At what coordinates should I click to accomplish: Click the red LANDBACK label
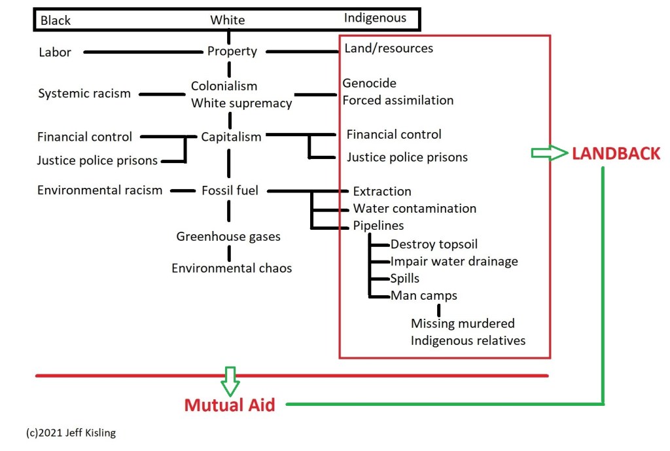coord(616,154)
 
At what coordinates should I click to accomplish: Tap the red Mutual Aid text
coord(230,405)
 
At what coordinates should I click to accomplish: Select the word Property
coord(232,51)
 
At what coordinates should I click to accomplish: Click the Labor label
coord(55,52)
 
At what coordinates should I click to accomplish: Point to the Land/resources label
coord(389,48)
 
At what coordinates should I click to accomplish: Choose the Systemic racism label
coord(84,94)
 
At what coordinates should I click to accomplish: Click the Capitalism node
coord(231,137)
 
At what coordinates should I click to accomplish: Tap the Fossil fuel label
coord(230,190)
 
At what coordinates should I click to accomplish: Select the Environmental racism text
coord(99,190)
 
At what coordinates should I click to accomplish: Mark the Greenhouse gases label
coord(228,236)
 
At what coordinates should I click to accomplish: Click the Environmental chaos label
coord(232,268)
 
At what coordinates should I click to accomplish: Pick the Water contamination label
coord(415,208)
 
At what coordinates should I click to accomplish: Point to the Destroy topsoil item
coord(434,244)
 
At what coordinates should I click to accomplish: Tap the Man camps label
coord(424,295)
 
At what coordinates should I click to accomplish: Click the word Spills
coord(405,278)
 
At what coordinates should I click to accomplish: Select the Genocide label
coord(370,83)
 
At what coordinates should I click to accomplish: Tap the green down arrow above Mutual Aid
coord(230,380)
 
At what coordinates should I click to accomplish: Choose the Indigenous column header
coord(376,18)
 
